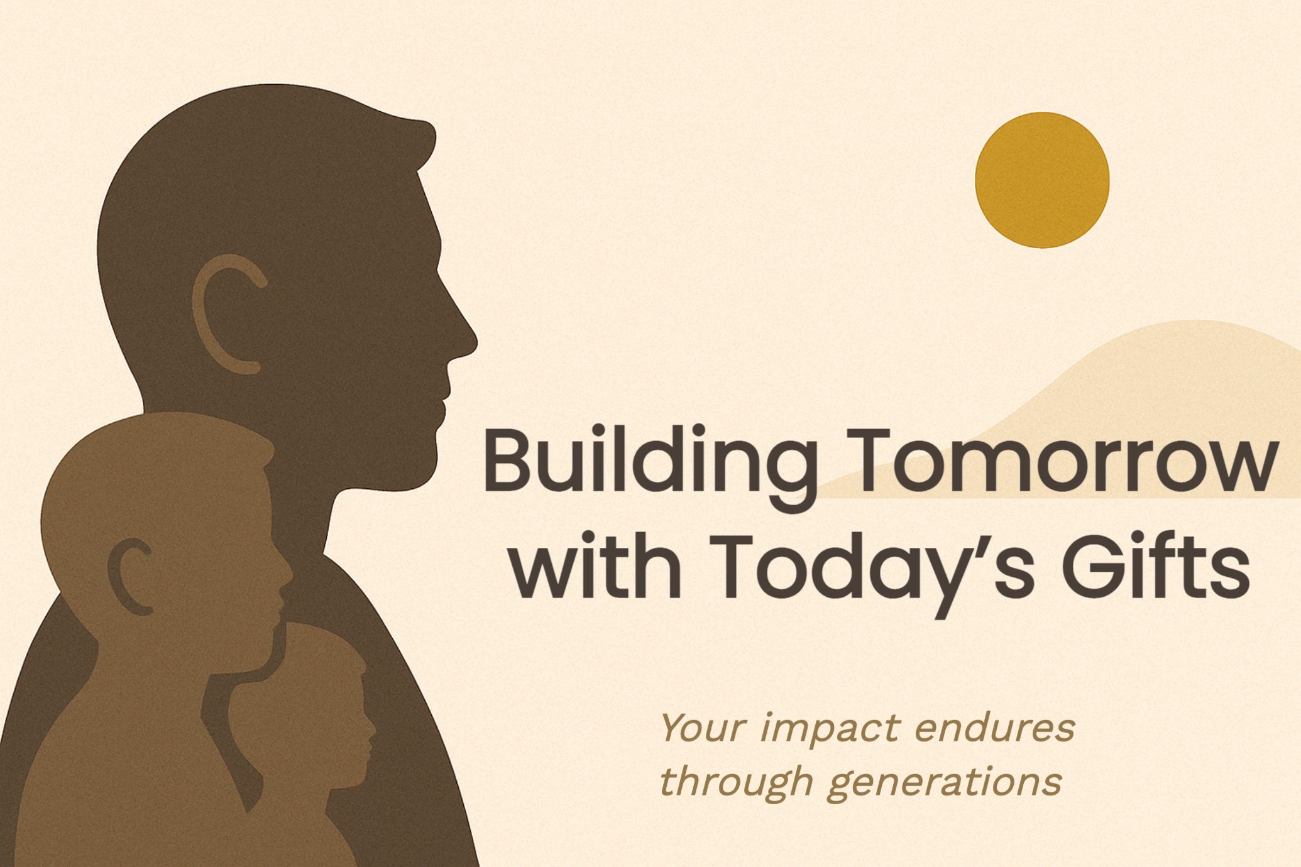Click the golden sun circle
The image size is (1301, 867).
click(x=1042, y=180)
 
